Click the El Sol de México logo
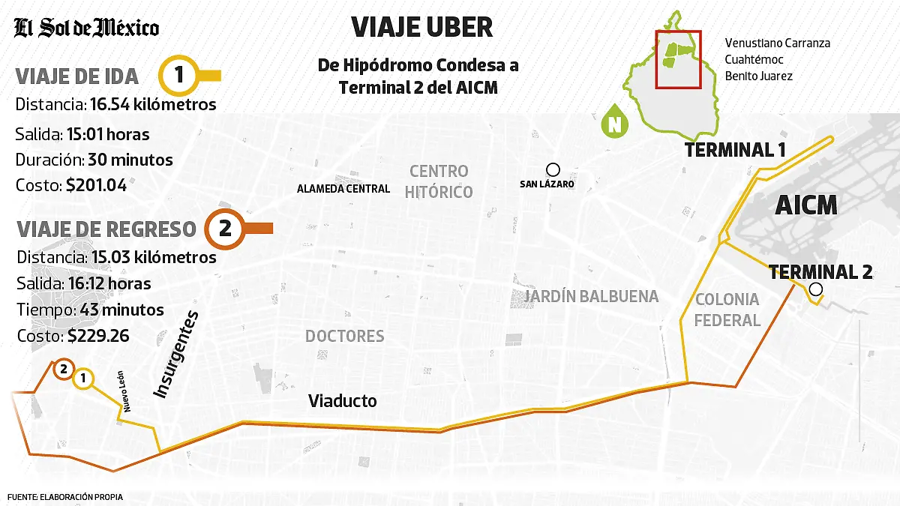87,28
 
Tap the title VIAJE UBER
422,28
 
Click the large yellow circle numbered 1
179,75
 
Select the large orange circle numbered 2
225,229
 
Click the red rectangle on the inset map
678,59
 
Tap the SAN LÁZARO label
547,184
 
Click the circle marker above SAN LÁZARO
553,169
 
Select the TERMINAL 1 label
735,150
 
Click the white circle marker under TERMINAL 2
816,289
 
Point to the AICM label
806,205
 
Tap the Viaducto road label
343,402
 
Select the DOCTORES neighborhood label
344,336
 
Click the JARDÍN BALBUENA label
591,297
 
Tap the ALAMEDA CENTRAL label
343,189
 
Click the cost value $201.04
96,184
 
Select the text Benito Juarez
758,76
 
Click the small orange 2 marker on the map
63,369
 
